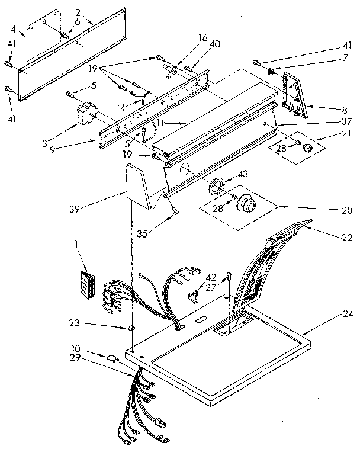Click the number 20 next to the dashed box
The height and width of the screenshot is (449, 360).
tap(347, 210)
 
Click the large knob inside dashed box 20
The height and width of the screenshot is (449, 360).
tap(246, 206)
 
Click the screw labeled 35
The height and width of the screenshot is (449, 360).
tap(172, 207)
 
